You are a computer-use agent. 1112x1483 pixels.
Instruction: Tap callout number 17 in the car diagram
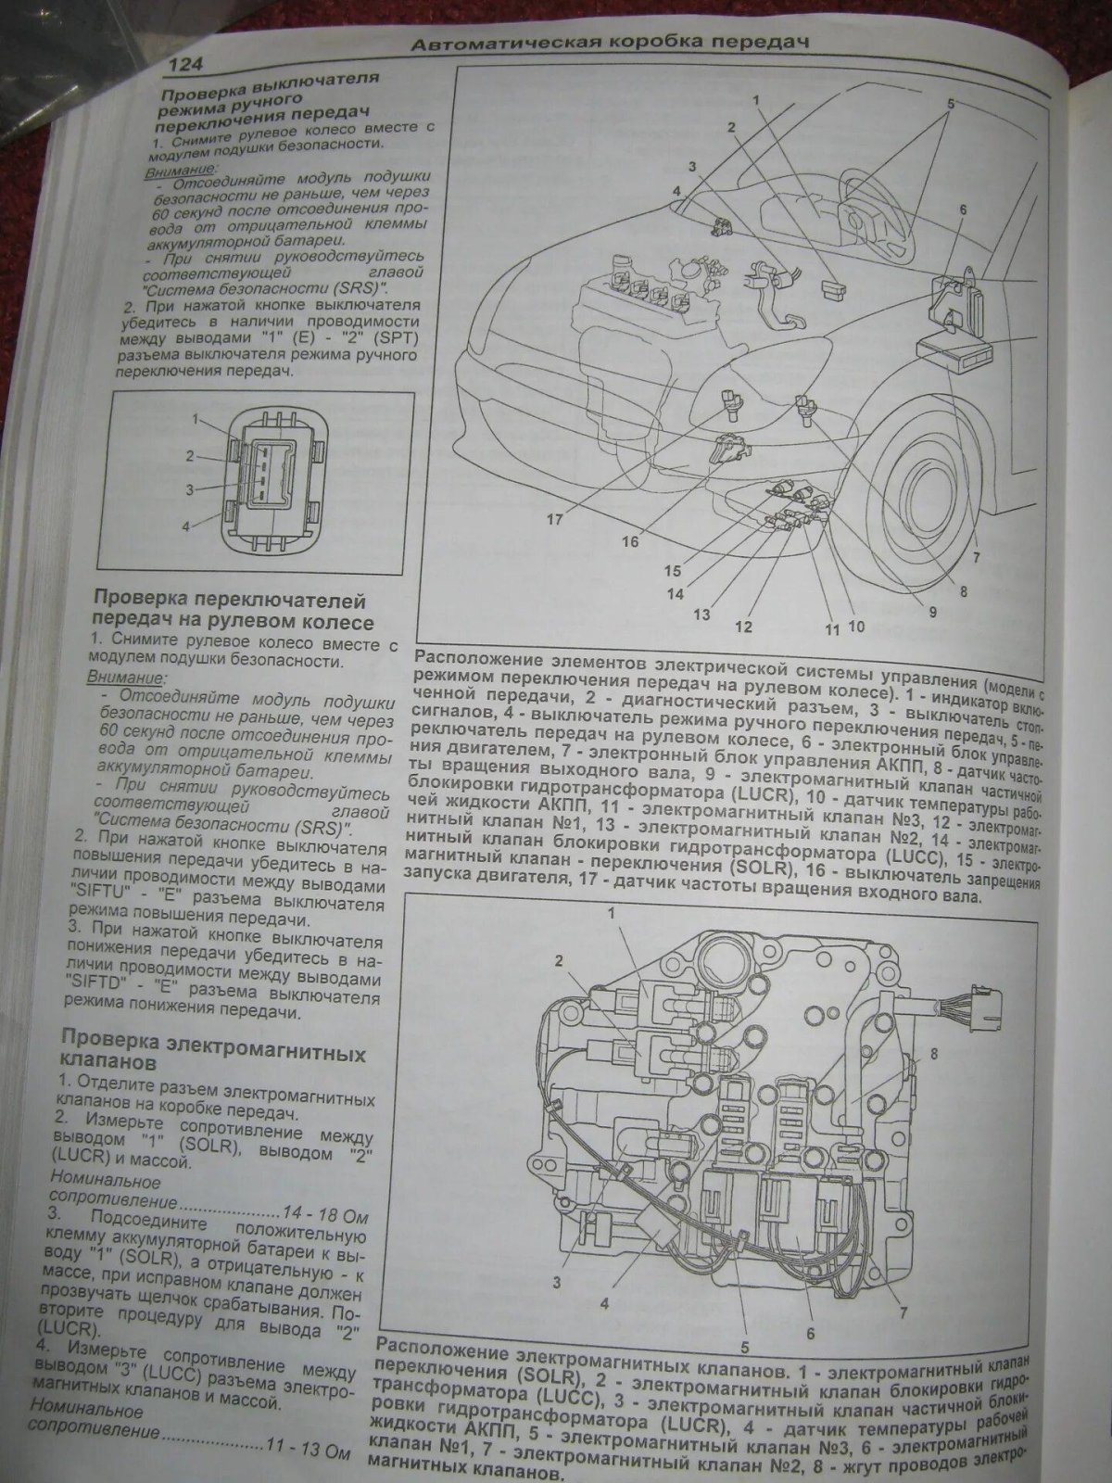554,520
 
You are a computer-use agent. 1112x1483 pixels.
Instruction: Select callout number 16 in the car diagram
630,540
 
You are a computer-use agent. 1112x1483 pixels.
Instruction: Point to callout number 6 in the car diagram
963,209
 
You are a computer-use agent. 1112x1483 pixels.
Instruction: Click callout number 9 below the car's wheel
932,611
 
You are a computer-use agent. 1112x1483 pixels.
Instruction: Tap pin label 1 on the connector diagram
196,420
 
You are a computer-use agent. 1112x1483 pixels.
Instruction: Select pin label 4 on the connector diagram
185,526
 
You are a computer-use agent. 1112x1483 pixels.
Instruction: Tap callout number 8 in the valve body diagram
933,1054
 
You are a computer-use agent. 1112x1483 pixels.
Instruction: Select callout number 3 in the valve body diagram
558,1283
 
